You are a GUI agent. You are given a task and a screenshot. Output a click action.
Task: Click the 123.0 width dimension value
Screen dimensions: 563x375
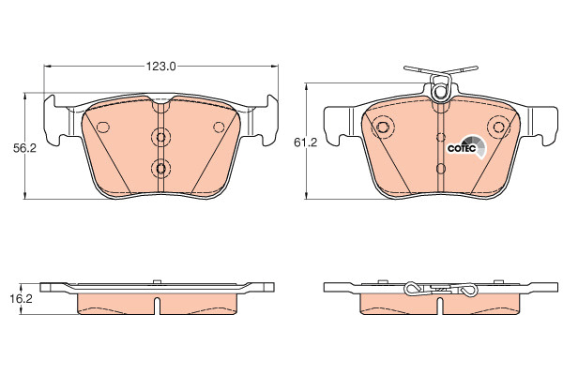160,67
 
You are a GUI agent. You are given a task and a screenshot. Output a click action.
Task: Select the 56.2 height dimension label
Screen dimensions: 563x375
24,148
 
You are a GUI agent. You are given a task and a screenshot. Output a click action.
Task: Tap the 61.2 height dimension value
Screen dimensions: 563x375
306,142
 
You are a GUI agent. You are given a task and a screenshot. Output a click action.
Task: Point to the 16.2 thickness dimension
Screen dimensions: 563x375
21,298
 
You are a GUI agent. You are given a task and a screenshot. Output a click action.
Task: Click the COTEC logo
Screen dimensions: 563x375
466,147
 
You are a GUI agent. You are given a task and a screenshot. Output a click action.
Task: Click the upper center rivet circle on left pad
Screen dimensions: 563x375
160,137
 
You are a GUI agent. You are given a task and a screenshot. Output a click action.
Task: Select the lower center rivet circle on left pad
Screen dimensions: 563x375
160,168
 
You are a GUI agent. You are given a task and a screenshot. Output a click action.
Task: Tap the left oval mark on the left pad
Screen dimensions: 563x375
103,127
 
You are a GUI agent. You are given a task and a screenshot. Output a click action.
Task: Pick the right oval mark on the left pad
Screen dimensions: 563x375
219,127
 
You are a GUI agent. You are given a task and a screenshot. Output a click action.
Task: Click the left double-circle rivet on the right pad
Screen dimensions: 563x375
383,127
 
